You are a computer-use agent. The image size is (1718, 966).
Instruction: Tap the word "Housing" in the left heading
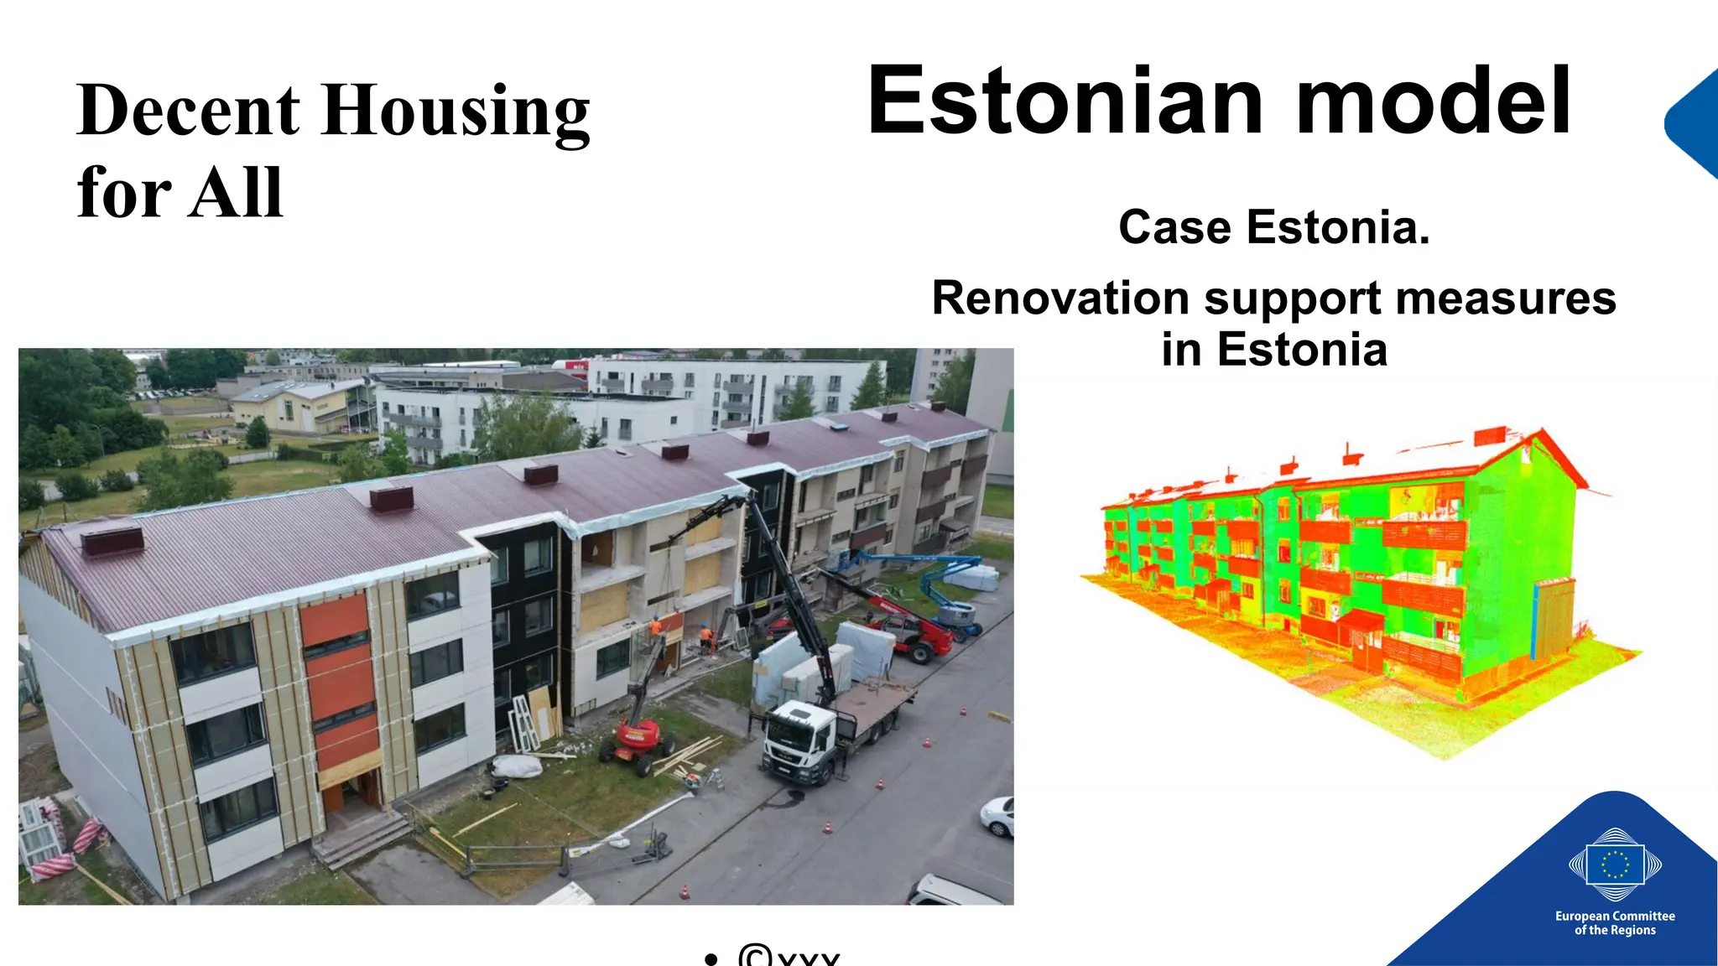pyautogui.click(x=456, y=113)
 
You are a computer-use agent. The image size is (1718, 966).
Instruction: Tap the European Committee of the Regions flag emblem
pyautogui.click(x=1615, y=865)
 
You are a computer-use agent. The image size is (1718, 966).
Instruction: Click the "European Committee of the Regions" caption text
pyautogui.click(x=1615, y=922)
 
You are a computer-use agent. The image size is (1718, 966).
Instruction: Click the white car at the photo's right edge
pyautogui.click(x=998, y=815)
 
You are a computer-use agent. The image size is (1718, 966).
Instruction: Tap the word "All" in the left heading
pyautogui.click(x=237, y=193)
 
